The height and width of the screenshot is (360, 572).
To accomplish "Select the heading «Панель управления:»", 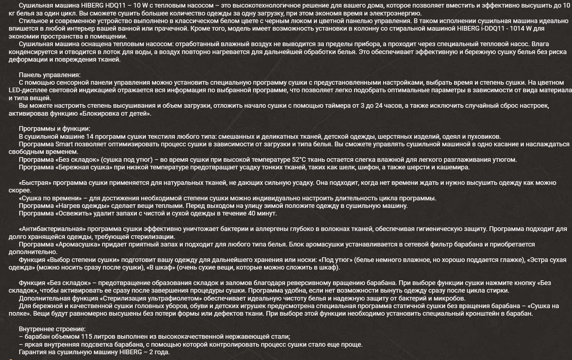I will click(49, 75).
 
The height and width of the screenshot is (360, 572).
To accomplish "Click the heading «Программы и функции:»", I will click(54, 129).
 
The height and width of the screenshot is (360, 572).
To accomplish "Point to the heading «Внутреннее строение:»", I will click(52, 329).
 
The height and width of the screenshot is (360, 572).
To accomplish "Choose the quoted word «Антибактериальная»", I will click(52, 229).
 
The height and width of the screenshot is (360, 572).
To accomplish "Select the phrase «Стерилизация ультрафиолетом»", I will click(150, 298).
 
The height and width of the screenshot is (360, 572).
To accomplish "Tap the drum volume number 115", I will click(87, 337).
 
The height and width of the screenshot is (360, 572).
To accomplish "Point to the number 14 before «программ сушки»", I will click(90, 137).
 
